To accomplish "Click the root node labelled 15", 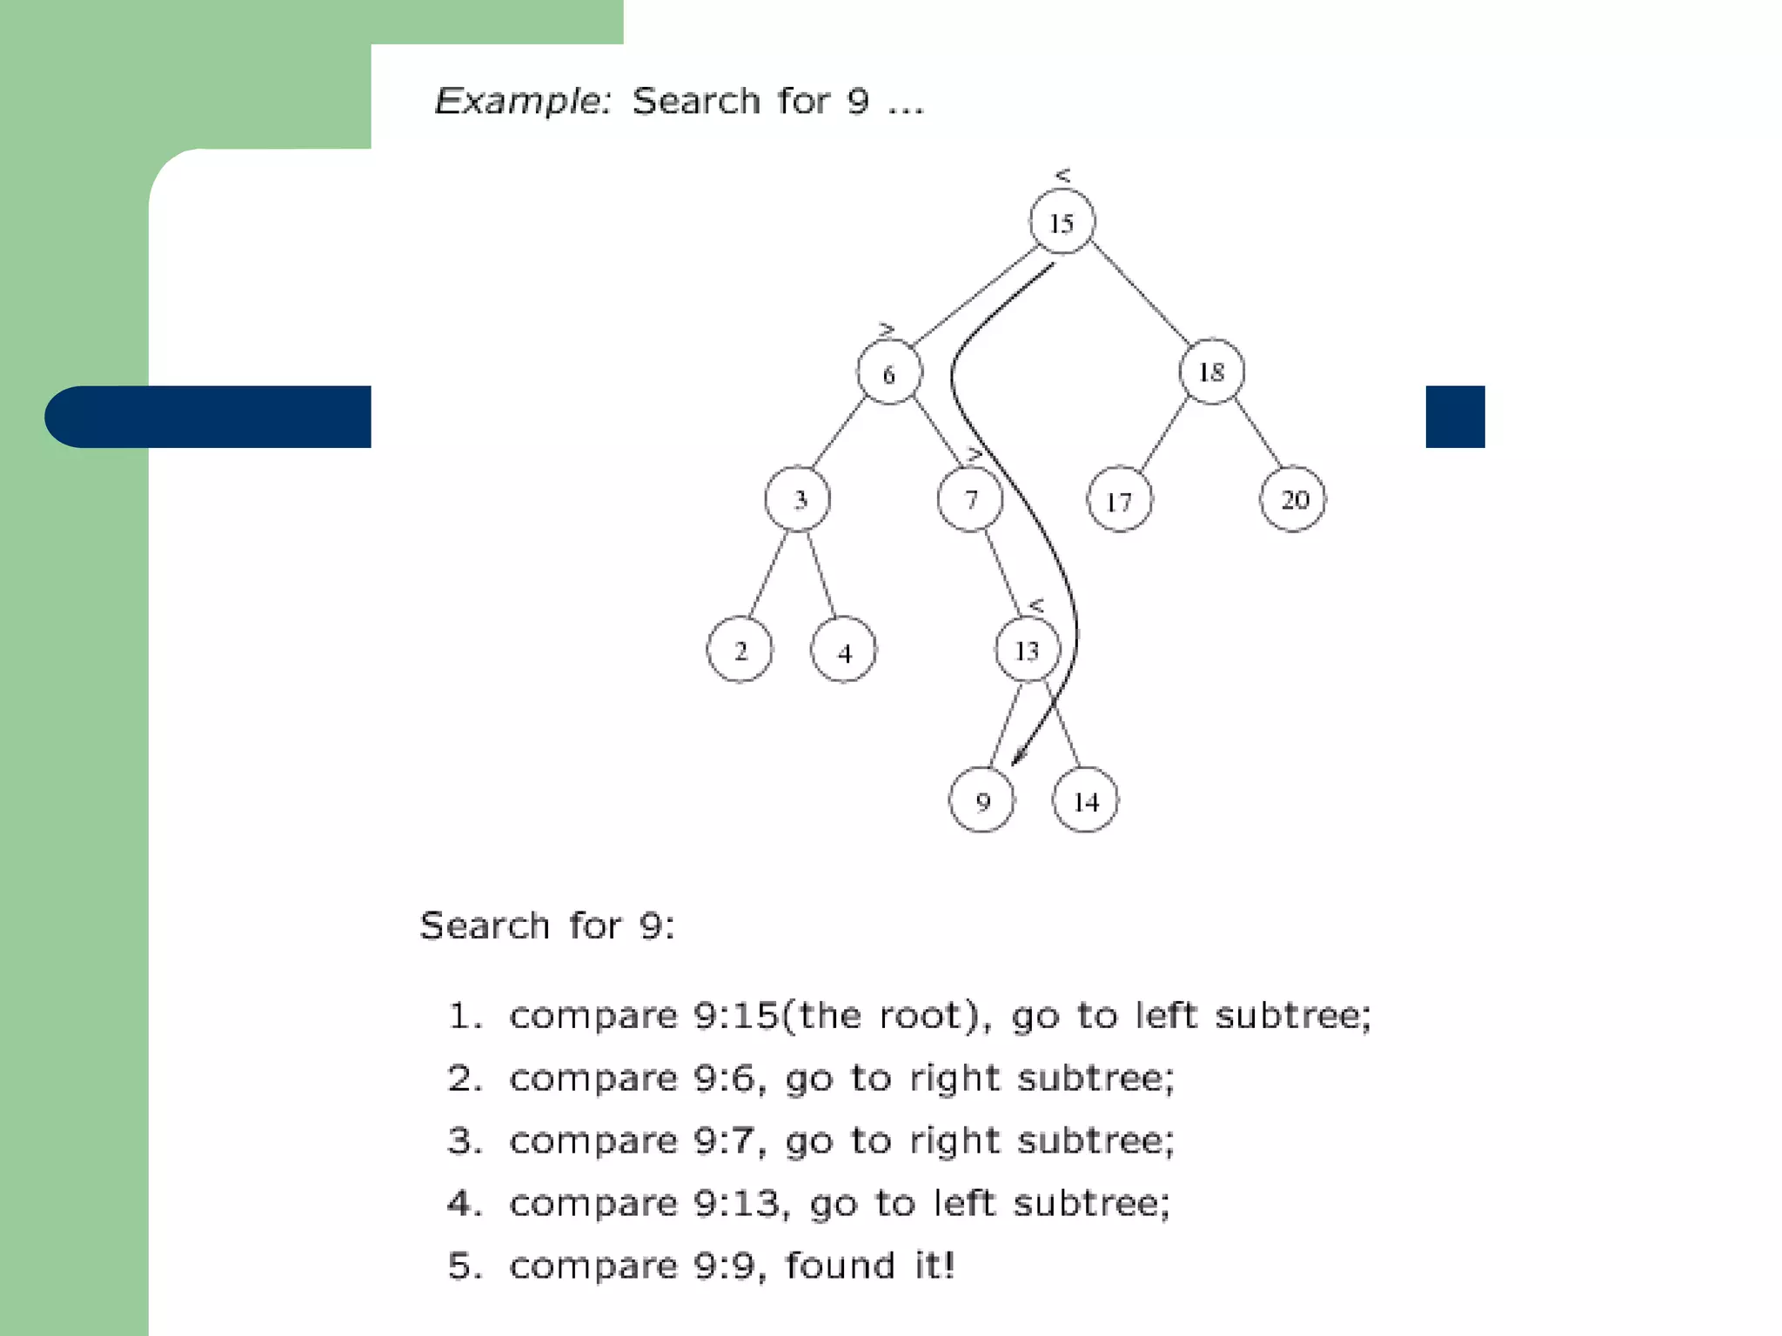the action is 1062,222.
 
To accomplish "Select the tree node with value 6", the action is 888,373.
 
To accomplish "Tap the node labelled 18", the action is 1211,371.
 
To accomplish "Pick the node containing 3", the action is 798,499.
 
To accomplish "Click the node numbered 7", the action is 970,499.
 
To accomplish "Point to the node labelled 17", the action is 1119,500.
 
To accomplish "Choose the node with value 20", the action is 1293,499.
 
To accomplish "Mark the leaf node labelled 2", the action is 740,650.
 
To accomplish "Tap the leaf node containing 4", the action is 843,651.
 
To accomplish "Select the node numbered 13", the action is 1028,650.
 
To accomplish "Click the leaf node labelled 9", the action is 981,800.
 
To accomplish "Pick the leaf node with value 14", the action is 1085,800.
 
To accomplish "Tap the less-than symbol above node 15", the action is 1062,175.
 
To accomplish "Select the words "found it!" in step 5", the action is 869,1266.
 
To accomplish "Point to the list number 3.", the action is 462,1140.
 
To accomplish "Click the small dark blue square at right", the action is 1455,417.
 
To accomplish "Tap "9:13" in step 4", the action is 740,1203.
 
